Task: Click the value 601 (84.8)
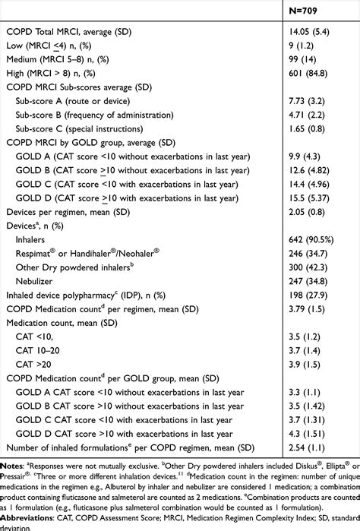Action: (x=306, y=77)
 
